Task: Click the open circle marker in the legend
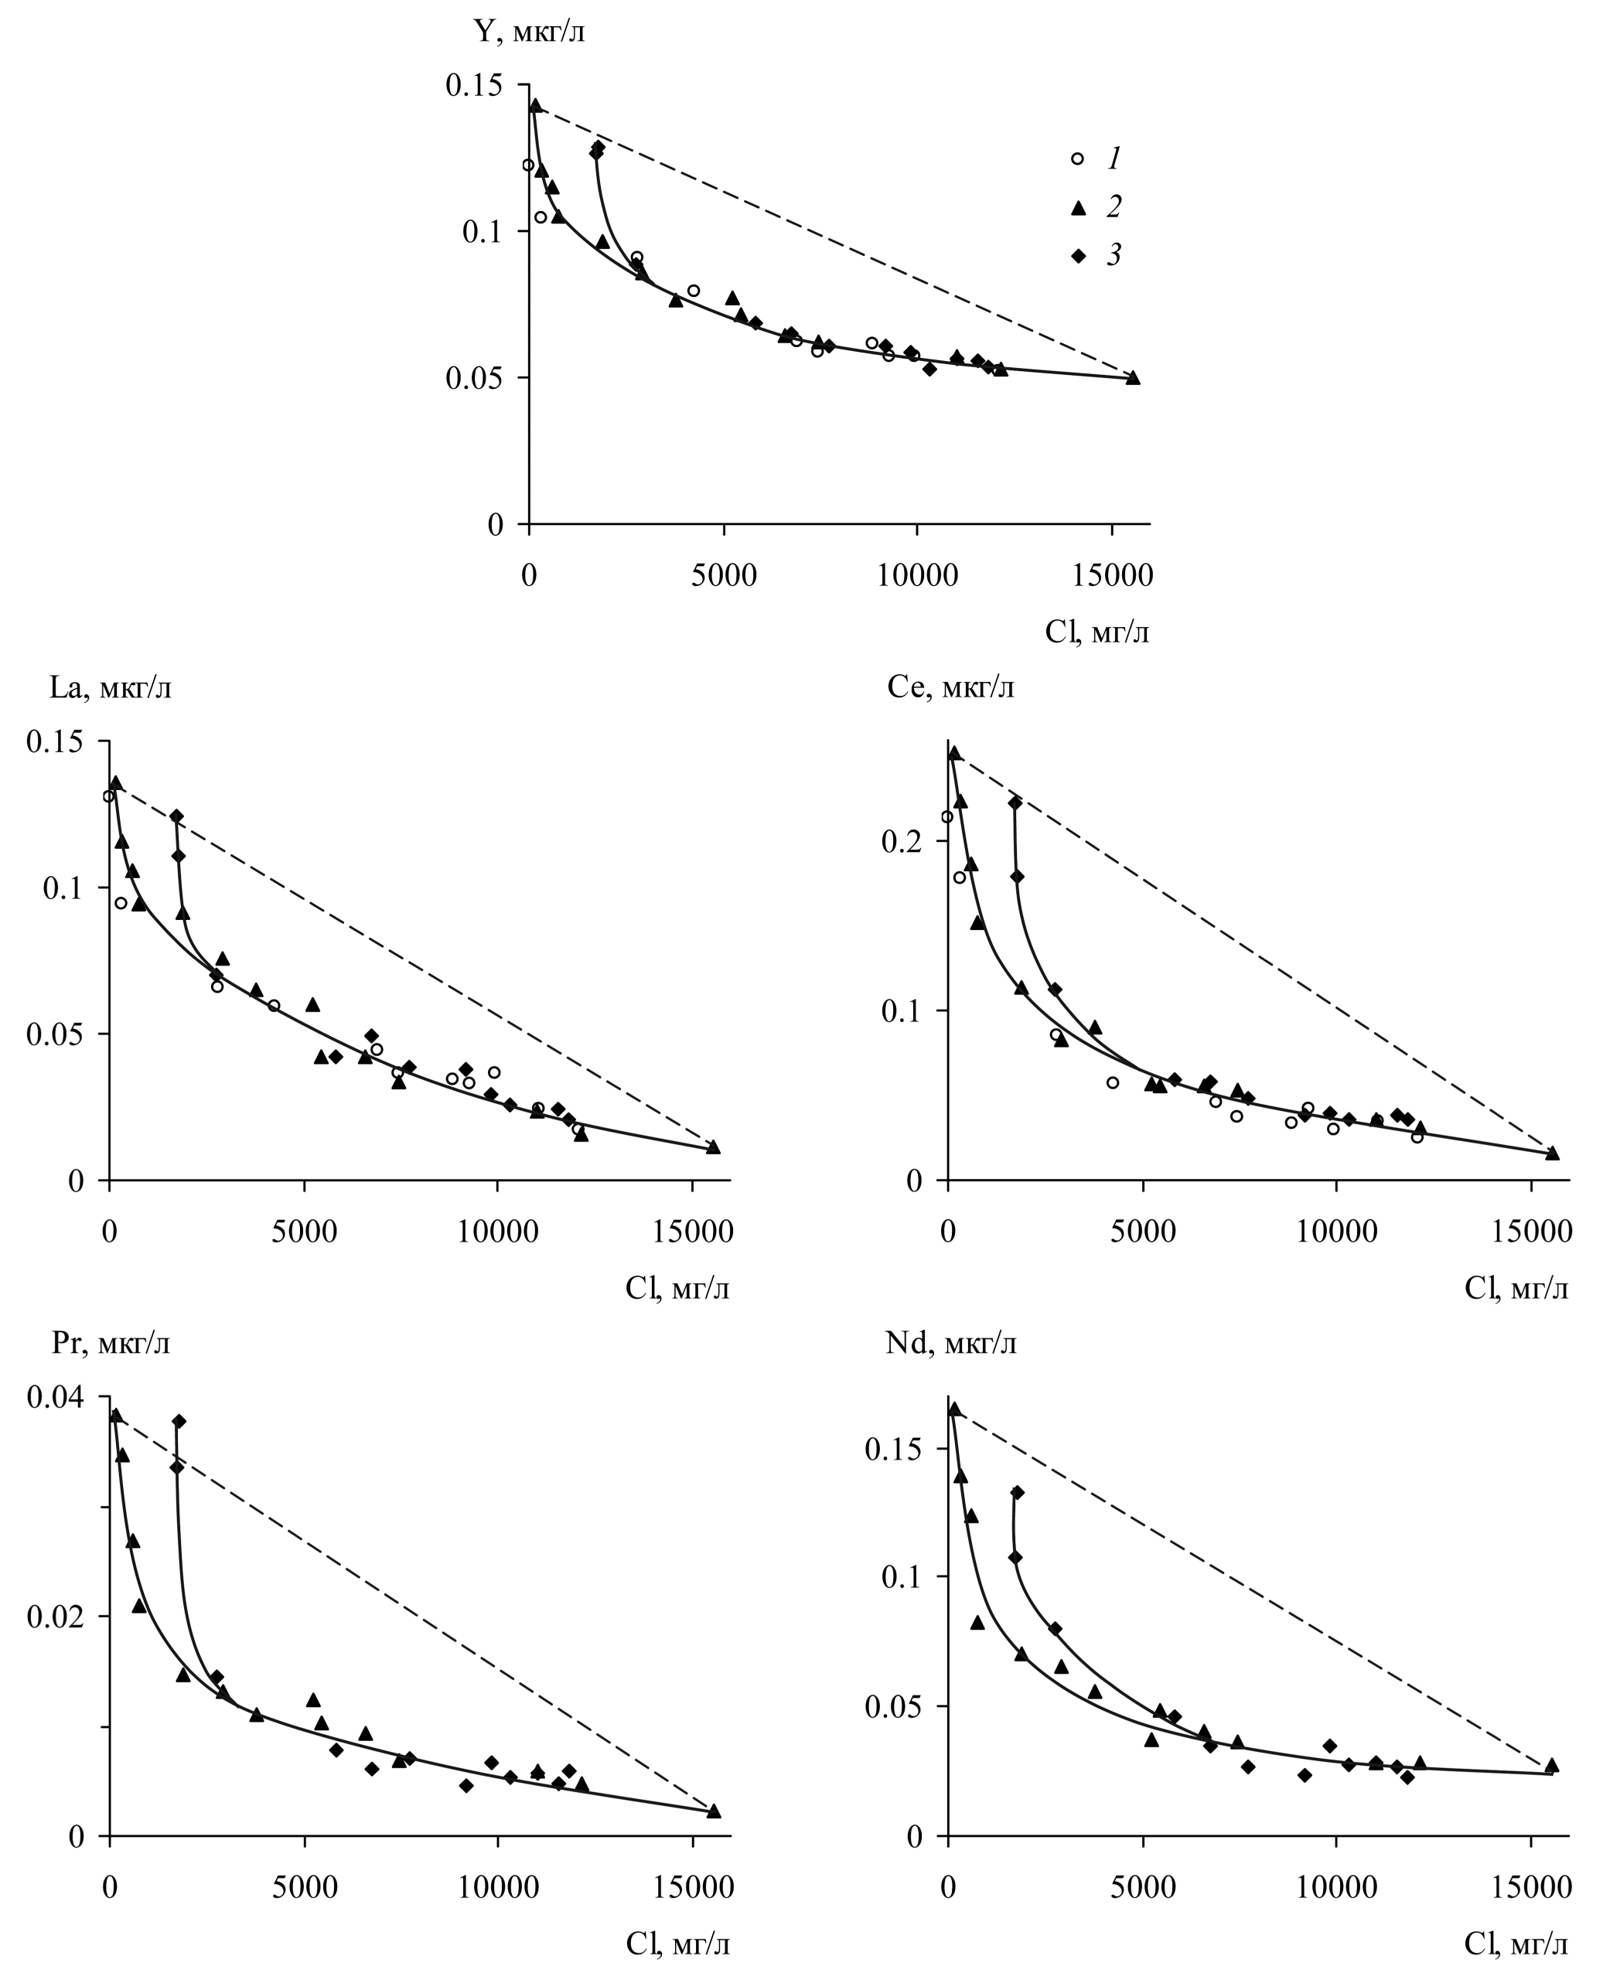[1076, 158]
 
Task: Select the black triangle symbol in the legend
[1076, 208]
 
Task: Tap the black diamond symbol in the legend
[1076, 256]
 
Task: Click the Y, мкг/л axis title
[529, 32]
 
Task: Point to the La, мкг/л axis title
[111, 688]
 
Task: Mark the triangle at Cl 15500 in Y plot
[1133, 377]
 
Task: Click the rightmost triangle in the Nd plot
[1551, 1765]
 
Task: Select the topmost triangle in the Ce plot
[954, 753]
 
